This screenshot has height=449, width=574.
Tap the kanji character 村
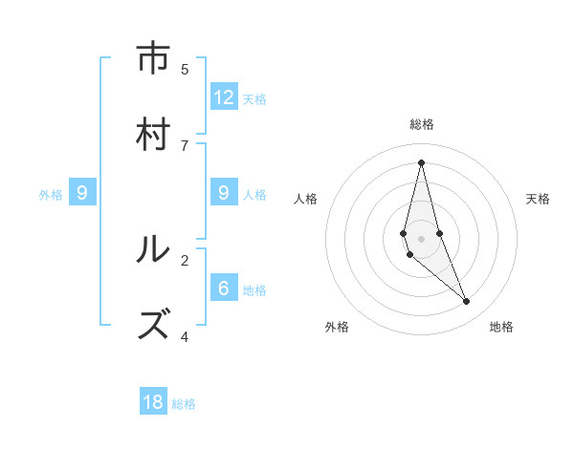click(x=153, y=134)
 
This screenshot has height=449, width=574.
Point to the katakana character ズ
click(x=153, y=325)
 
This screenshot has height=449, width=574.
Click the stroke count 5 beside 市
click(x=185, y=69)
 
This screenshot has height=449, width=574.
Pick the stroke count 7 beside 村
click(x=185, y=145)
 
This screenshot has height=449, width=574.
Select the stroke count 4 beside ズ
click(x=185, y=336)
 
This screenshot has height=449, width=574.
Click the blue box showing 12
click(x=224, y=97)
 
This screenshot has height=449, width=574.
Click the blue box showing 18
click(x=153, y=402)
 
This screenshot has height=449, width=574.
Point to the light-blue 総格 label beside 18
click(x=184, y=404)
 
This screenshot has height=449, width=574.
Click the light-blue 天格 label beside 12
click(x=254, y=99)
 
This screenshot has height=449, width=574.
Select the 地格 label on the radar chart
click(x=501, y=327)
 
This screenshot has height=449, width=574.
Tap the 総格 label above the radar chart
click(x=421, y=124)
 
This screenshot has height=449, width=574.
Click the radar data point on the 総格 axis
click(x=421, y=162)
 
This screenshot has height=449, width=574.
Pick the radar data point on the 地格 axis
click(x=467, y=302)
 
